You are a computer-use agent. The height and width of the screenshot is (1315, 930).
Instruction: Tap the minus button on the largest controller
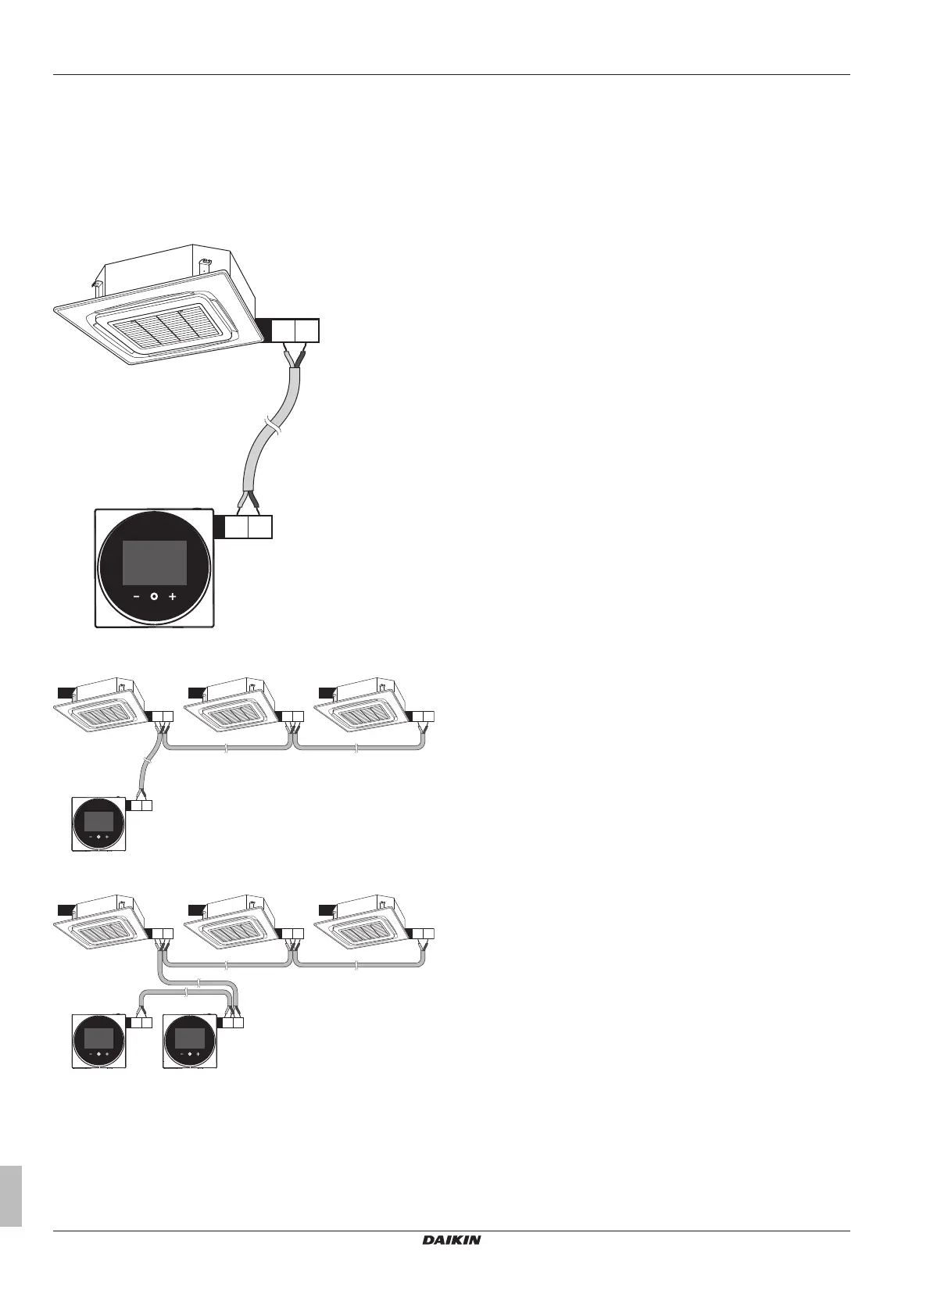[x=136, y=596]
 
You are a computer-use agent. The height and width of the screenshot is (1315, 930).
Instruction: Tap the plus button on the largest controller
[x=172, y=596]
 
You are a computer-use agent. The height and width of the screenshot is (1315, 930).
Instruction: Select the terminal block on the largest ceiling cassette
[x=295, y=331]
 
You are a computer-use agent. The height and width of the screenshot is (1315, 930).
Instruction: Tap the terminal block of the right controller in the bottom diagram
[x=233, y=1023]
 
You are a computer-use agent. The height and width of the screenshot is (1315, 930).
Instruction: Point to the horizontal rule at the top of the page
[x=451, y=75]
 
